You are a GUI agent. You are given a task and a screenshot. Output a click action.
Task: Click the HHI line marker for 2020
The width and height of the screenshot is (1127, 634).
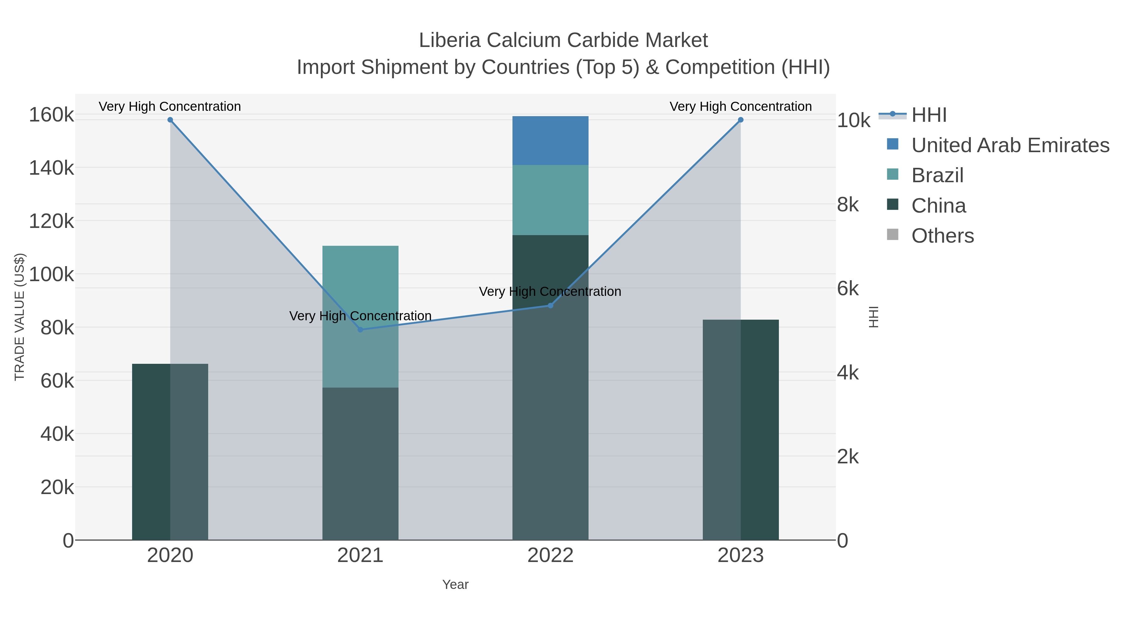point(170,120)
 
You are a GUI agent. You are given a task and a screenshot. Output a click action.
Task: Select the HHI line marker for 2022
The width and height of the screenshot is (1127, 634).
point(550,305)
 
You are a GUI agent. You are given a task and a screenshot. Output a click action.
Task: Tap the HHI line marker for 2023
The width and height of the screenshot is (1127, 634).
point(740,120)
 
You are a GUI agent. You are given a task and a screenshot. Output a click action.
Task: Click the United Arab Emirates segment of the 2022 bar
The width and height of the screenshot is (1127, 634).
point(550,141)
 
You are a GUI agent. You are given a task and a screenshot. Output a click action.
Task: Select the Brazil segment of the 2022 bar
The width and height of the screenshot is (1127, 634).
point(550,200)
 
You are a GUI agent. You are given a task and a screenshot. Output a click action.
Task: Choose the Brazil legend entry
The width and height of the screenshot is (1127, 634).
point(937,175)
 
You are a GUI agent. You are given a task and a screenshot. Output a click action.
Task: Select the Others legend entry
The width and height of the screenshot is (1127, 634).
point(942,236)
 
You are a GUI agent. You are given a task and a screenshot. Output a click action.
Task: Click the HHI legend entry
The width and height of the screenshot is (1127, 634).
point(929,115)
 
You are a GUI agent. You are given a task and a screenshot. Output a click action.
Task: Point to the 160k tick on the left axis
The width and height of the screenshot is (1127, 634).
point(51,115)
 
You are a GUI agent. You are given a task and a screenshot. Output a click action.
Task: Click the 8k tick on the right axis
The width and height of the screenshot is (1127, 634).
point(847,205)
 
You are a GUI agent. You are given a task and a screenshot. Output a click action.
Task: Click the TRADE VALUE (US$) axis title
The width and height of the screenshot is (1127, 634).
point(20,317)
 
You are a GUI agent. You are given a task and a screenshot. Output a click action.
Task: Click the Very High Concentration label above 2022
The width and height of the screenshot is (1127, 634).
point(550,291)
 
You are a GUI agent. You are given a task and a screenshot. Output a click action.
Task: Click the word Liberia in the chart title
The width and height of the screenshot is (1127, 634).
point(450,40)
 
